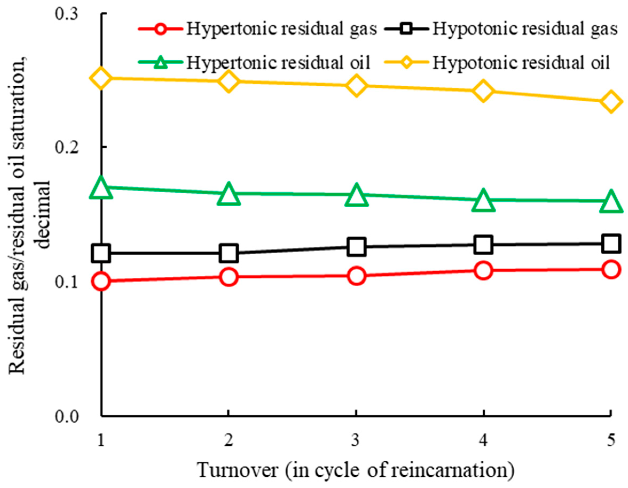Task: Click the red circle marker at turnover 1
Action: coord(101,281)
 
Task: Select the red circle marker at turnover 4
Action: coord(483,271)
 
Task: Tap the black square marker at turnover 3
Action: coord(356,247)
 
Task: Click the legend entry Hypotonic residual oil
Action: coord(521,62)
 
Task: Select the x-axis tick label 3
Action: coord(356,440)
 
